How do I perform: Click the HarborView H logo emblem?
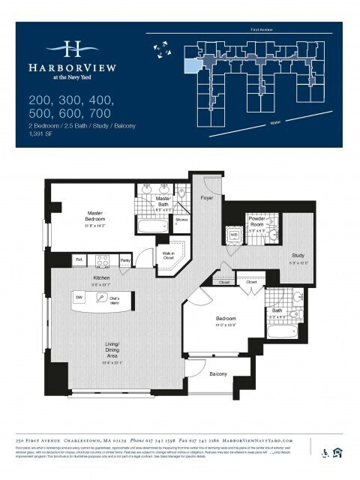point(72,49)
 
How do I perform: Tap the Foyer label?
point(208,197)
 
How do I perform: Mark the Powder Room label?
point(257,224)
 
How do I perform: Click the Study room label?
point(298,259)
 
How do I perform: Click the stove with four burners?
point(103,260)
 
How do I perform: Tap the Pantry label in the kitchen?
point(126,260)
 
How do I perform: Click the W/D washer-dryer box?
point(234,235)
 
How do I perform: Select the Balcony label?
point(218,373)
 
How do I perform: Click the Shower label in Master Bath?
point(181,220)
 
